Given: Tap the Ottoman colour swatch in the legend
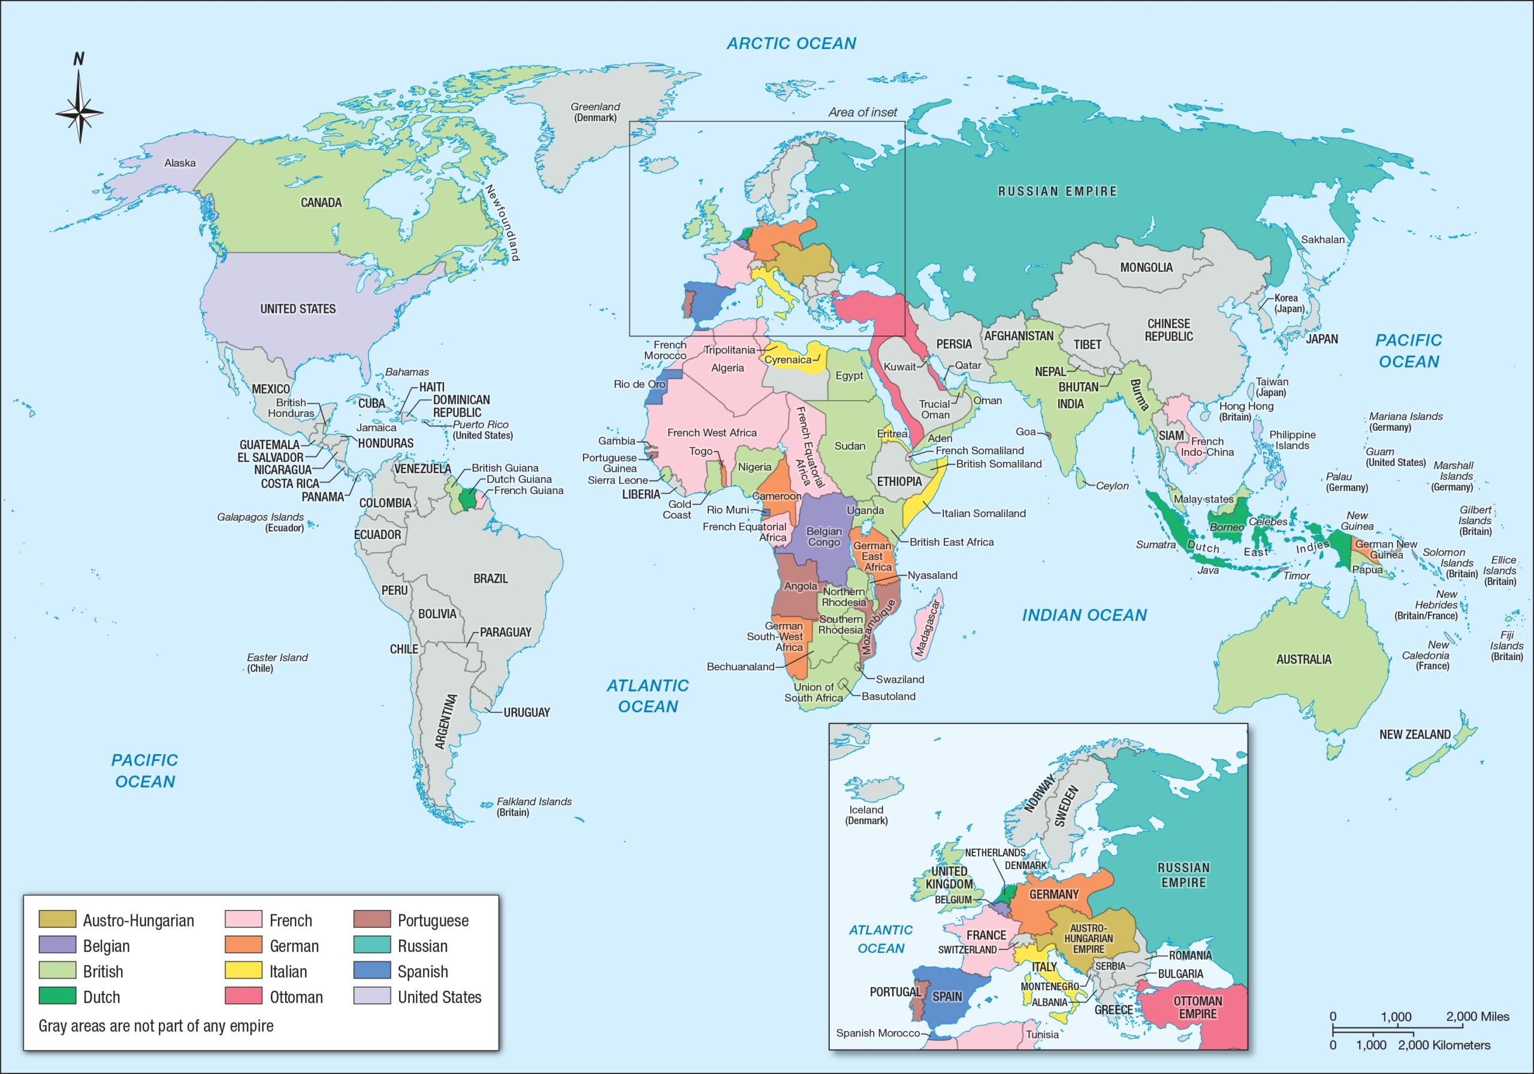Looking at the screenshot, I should pos(243,997).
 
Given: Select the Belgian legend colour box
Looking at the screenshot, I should pos(57,945).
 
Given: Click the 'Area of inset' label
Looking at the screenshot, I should pos(862,112).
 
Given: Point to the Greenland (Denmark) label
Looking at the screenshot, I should pos(594,111).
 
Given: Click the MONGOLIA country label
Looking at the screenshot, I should pos(1146,267).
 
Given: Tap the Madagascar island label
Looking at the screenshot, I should pos(928,628).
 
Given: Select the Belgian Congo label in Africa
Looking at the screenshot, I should pos(824,536).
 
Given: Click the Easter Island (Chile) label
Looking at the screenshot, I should pos(277,662).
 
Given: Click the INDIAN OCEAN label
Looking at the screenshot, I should pos(1084,615).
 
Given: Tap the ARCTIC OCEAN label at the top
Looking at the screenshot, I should pos(791,43).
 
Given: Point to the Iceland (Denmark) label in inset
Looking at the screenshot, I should pos(866,815).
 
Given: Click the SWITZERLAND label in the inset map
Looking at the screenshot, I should pos(967,949).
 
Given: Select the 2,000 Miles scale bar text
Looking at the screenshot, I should pos(1477,1016).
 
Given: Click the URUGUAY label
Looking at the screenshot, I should pos(527,713).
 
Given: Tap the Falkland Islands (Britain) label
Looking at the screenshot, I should pos(533,807).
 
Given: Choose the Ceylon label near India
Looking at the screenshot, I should pos(1112,486).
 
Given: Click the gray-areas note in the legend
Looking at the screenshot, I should pos(156,1026).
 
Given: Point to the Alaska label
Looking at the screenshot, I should pos(180,163).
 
